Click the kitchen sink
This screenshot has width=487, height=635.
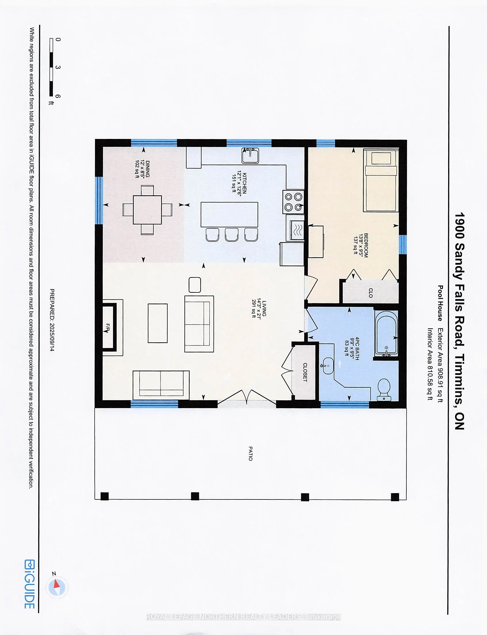250,155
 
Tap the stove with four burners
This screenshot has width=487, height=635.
293,202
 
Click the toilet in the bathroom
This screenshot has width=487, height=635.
384,390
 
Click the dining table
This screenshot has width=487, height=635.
147,210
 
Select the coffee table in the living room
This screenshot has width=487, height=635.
158,323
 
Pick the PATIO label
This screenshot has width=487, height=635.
250,453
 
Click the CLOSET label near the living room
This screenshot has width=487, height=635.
305,372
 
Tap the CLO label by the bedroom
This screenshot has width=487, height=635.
370,293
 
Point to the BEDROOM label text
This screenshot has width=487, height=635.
366,245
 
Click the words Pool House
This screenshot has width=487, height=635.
440,303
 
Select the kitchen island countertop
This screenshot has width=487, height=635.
229,215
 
